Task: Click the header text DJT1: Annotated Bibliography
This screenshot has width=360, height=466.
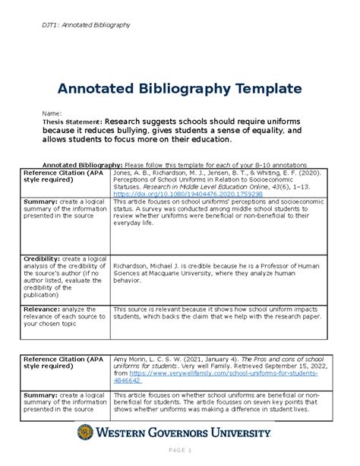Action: point(86,26)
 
